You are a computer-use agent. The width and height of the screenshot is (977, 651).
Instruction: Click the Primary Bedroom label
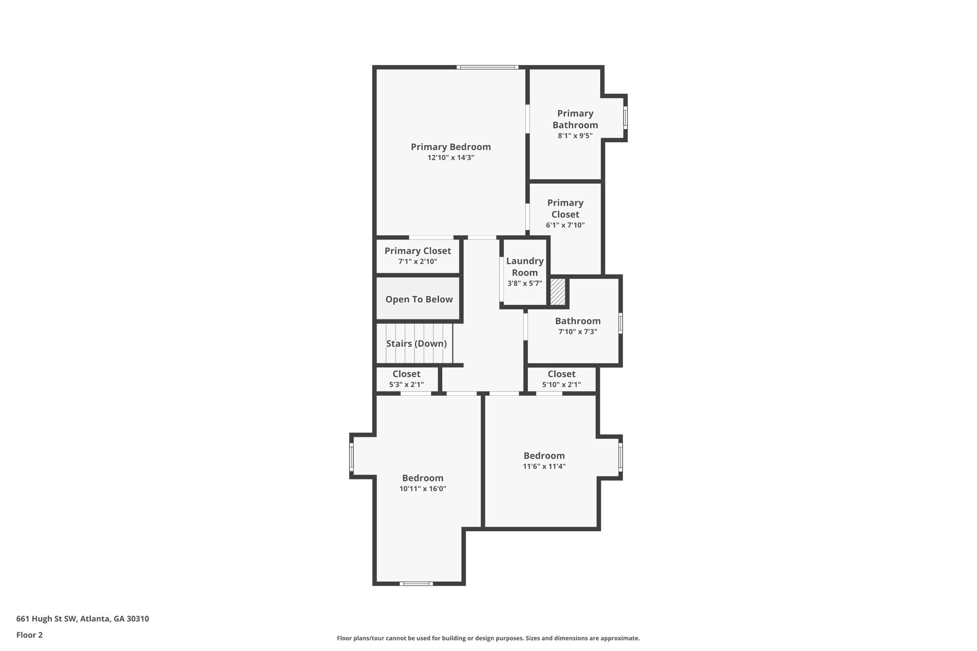click(x=450, y=147)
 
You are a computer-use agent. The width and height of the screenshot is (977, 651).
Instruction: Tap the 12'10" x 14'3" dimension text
click(x=450, y=158)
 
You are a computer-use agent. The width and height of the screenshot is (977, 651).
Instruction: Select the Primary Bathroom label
click(x=575, y=119)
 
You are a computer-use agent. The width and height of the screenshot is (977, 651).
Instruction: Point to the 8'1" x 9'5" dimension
click(x=575, y=136)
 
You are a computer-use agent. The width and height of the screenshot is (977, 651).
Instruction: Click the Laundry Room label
click(x=525, y=267)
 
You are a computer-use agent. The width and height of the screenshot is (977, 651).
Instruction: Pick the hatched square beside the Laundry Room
click(x=558, y=292)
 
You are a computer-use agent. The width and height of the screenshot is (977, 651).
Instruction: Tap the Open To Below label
click(x=419, y=300)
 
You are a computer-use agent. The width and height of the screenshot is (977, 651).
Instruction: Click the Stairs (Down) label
click(x=416, y=344)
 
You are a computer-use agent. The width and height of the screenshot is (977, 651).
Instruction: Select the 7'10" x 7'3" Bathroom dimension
click(x=577, y=332)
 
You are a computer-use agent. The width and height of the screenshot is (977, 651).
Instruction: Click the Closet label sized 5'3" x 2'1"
click(x=406, y=374)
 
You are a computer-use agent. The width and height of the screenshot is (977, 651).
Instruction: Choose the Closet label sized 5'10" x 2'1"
click(x=561, y=374)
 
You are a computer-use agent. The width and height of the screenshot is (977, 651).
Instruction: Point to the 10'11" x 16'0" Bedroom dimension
click(x=423, y=489)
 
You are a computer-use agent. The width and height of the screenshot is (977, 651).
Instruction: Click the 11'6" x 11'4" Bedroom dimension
click(x=544, y=466)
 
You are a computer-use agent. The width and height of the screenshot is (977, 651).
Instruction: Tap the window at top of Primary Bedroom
click(x=487, y=67)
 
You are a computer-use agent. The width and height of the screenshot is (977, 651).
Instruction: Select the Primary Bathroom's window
click(x=625, y=117)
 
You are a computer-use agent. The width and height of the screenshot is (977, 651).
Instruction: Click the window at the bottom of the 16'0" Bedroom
click(x=416, y=583)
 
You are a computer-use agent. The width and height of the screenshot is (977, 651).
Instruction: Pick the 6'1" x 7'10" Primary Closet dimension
click(x=565, y=225)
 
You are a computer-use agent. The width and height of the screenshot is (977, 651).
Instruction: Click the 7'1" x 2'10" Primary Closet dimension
click(x=417, y=262)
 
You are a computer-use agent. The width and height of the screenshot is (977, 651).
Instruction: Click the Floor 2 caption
click(x=30, y=635)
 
